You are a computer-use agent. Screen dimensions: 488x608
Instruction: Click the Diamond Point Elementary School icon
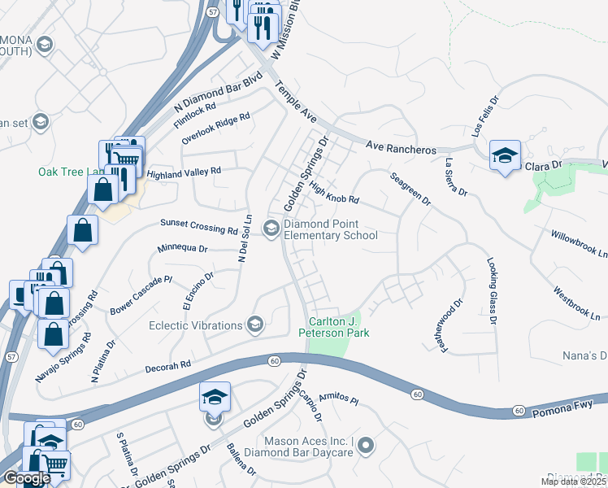tap(271, 230)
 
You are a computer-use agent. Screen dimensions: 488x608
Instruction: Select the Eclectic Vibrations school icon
tap(255, 325)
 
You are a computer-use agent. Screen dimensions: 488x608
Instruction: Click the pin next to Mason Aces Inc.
tap(366, 445)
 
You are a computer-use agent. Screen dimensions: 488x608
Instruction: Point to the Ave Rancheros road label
tap(401, 148)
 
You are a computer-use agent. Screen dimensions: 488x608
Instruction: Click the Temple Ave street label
tap(296, 105)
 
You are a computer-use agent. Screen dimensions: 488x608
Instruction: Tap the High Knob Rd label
tap(334, 193)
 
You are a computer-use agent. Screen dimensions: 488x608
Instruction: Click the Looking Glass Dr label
tap(492, 290)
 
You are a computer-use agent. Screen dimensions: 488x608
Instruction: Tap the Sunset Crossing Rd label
tap(198, 226)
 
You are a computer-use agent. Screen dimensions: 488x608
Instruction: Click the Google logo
tap(27, 477)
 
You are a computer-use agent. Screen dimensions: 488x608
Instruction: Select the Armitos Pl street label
tap(338, 398)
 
